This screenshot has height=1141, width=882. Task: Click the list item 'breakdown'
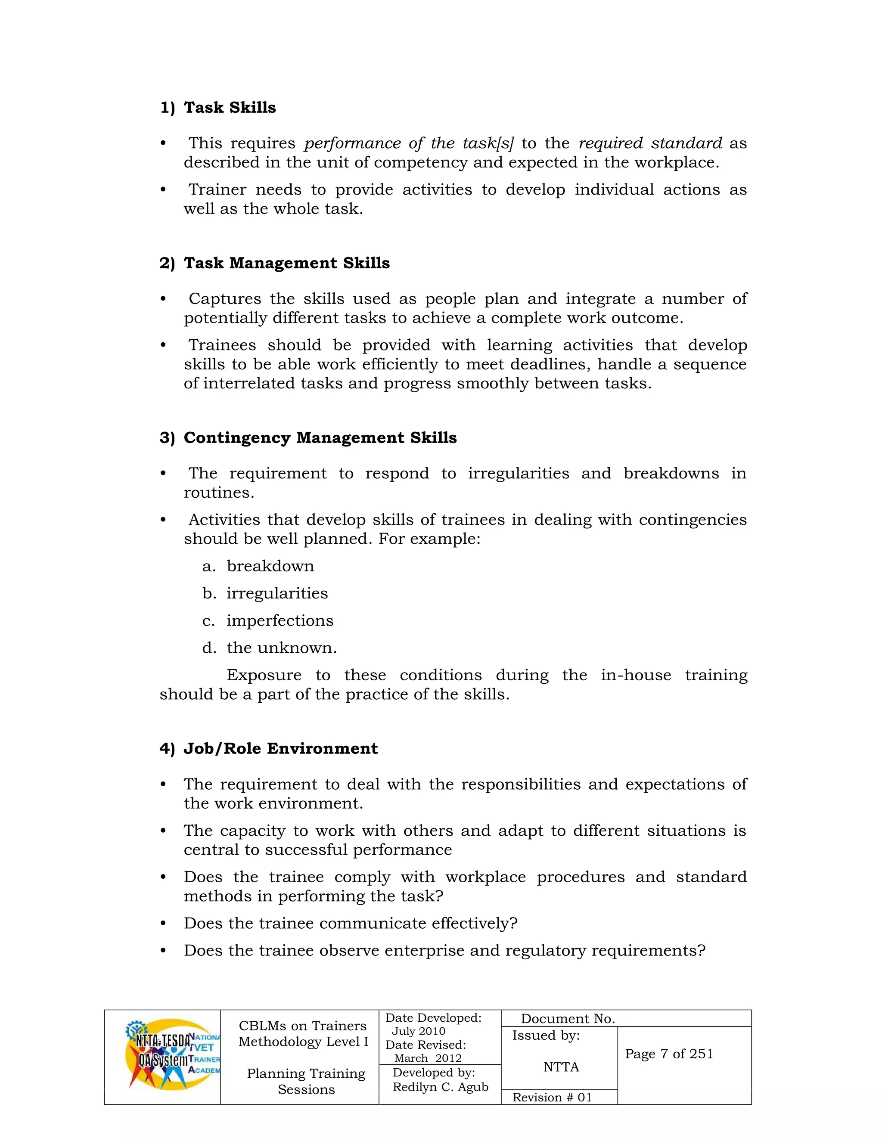coord(270,566)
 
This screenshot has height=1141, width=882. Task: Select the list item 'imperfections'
coord(280,620)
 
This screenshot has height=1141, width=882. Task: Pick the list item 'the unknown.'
coord(282,648)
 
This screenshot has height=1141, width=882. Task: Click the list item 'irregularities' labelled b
coord(277,593)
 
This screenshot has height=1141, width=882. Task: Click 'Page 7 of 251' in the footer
coord(669,1054)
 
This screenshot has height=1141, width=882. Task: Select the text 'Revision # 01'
coord(552,1097)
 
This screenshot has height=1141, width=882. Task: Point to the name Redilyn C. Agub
coord(441,1087)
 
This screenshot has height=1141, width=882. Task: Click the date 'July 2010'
coord(418,1031)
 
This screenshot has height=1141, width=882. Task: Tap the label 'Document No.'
coord(568,1019)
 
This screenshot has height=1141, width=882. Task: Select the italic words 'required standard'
coord(651,143)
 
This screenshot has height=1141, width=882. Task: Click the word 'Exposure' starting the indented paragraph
coord(264,675)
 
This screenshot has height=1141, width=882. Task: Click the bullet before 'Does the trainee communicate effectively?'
coord(163,924)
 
